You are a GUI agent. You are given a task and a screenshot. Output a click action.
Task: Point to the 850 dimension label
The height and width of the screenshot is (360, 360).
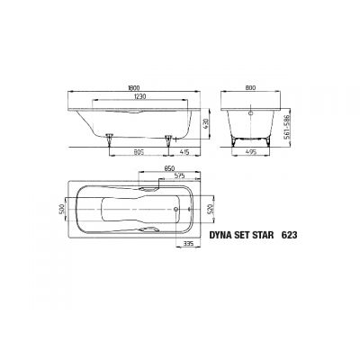(x=168, y=168)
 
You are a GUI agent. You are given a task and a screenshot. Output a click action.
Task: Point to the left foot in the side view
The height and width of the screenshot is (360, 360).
(x=110, y=136)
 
